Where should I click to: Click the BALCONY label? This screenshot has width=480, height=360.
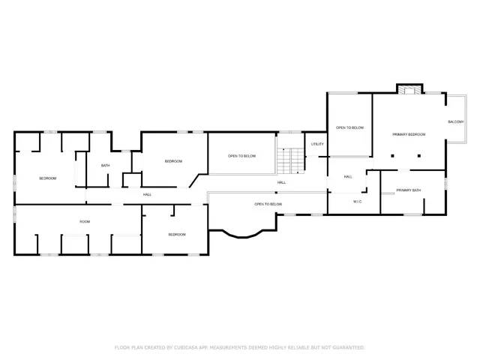tap(455, 121)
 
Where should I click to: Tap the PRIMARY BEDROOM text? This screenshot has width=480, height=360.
tap(409, 134)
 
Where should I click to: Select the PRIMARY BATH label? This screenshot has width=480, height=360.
tap(409, 190)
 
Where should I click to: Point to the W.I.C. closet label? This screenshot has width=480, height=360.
tap(358, 201)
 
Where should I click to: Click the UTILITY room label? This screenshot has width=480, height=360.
tap(317, 144)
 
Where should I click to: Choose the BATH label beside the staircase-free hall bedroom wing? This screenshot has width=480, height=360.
tap(106, 166)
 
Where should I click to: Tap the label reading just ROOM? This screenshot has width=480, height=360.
tap(85, 221)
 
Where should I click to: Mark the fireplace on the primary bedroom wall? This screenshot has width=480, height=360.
tap(408, 90)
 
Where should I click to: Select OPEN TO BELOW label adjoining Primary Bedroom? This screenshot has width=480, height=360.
tap(349, 128)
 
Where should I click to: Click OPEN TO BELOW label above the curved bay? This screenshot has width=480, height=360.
tap(268, 204)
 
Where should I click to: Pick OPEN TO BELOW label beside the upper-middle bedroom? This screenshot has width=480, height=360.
tap(241, 156)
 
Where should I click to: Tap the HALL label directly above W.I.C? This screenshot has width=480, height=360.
tap(348, 177)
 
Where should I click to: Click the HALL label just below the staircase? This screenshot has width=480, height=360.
tap(281, 182)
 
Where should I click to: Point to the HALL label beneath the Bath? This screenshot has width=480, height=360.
tap(147, 195)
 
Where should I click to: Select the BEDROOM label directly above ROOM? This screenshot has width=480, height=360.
tap(47, 178)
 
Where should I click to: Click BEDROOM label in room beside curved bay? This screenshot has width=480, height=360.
tap(177, 234)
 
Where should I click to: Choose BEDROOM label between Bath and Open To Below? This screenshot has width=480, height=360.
tap(173, 161)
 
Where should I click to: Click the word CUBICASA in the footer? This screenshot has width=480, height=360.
tap(184, 347)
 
